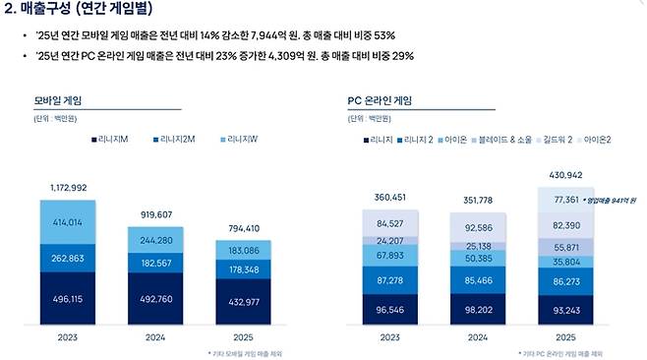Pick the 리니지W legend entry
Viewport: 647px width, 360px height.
click(x=242, y=141)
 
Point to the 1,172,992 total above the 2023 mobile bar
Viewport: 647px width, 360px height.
click(x=68, y=187)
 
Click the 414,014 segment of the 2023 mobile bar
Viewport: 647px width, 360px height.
click(x=68, y=222)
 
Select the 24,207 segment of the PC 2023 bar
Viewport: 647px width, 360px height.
click(x=389, y=240)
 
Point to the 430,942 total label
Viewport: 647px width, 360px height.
click(x=564, y=175)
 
